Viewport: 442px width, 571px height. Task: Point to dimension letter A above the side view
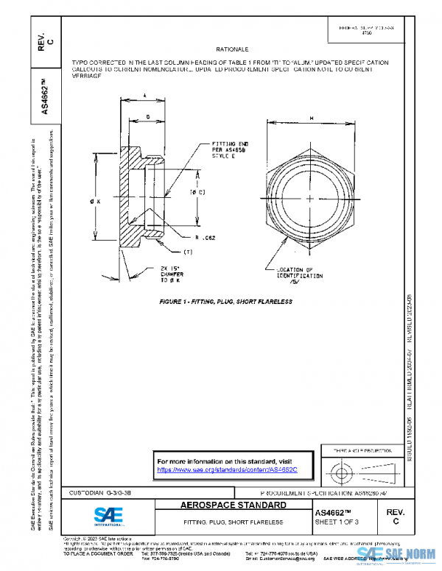click(144, 95)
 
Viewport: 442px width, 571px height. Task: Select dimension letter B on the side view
click(150, 116)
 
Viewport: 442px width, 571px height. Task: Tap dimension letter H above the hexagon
click(312, 118)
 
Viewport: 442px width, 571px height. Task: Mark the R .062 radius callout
click(205, 238)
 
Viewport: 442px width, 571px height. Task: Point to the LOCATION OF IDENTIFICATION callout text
click(295, 275)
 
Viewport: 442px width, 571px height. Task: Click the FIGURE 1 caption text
click(225, 302)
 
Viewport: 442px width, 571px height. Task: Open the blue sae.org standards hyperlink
click(232, 469)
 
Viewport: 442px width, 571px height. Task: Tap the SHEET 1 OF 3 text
click(337, 522)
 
